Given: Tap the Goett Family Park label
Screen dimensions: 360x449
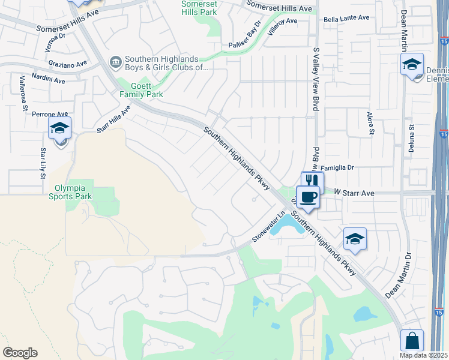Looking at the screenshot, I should coord(141,90).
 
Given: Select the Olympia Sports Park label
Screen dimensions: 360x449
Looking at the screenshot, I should coord(70,191).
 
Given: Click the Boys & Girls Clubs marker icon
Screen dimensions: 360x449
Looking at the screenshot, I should coord(115,61).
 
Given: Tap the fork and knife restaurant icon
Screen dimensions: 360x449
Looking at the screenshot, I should coord(312,181).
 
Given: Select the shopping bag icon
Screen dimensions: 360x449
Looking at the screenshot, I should coord(412,340).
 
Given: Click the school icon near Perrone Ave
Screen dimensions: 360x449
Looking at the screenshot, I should coord(60,128).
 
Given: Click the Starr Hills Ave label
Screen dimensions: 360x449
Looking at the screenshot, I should coord(114,119).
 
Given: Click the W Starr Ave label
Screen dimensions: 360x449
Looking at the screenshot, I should coord(354,193).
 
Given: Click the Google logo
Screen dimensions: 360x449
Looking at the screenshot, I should coord(20,353).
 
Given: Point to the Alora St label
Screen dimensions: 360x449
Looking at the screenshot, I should coord(370,122).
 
